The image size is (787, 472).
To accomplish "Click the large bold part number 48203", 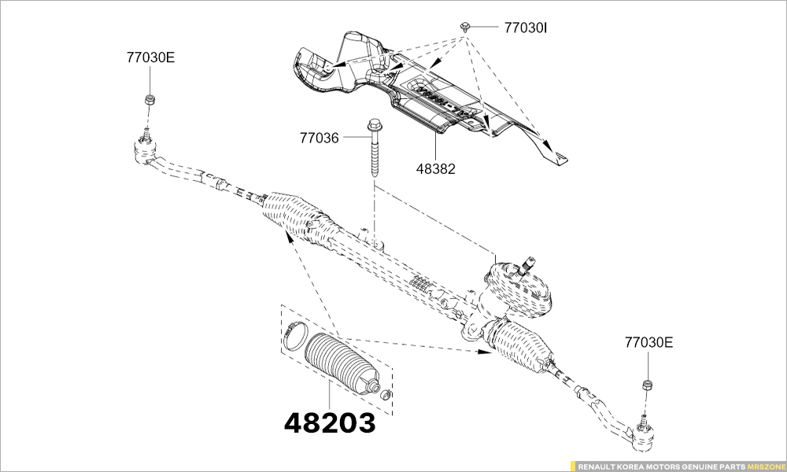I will (x=329, y=423).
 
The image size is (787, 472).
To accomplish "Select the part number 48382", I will (x=435, y=168).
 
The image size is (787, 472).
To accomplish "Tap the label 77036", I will (x=319, y=138).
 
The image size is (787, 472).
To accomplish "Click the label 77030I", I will (x=525, y=28).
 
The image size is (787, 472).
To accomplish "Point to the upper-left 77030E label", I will (x=150, y=57).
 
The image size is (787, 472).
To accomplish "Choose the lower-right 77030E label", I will (x=648, y=343).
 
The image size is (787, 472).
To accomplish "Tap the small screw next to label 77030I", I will (x=466, y=26).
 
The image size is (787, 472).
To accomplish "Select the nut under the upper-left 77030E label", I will (x=149, y=100).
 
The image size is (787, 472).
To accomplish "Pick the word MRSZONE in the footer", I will (x=767, y=466).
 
